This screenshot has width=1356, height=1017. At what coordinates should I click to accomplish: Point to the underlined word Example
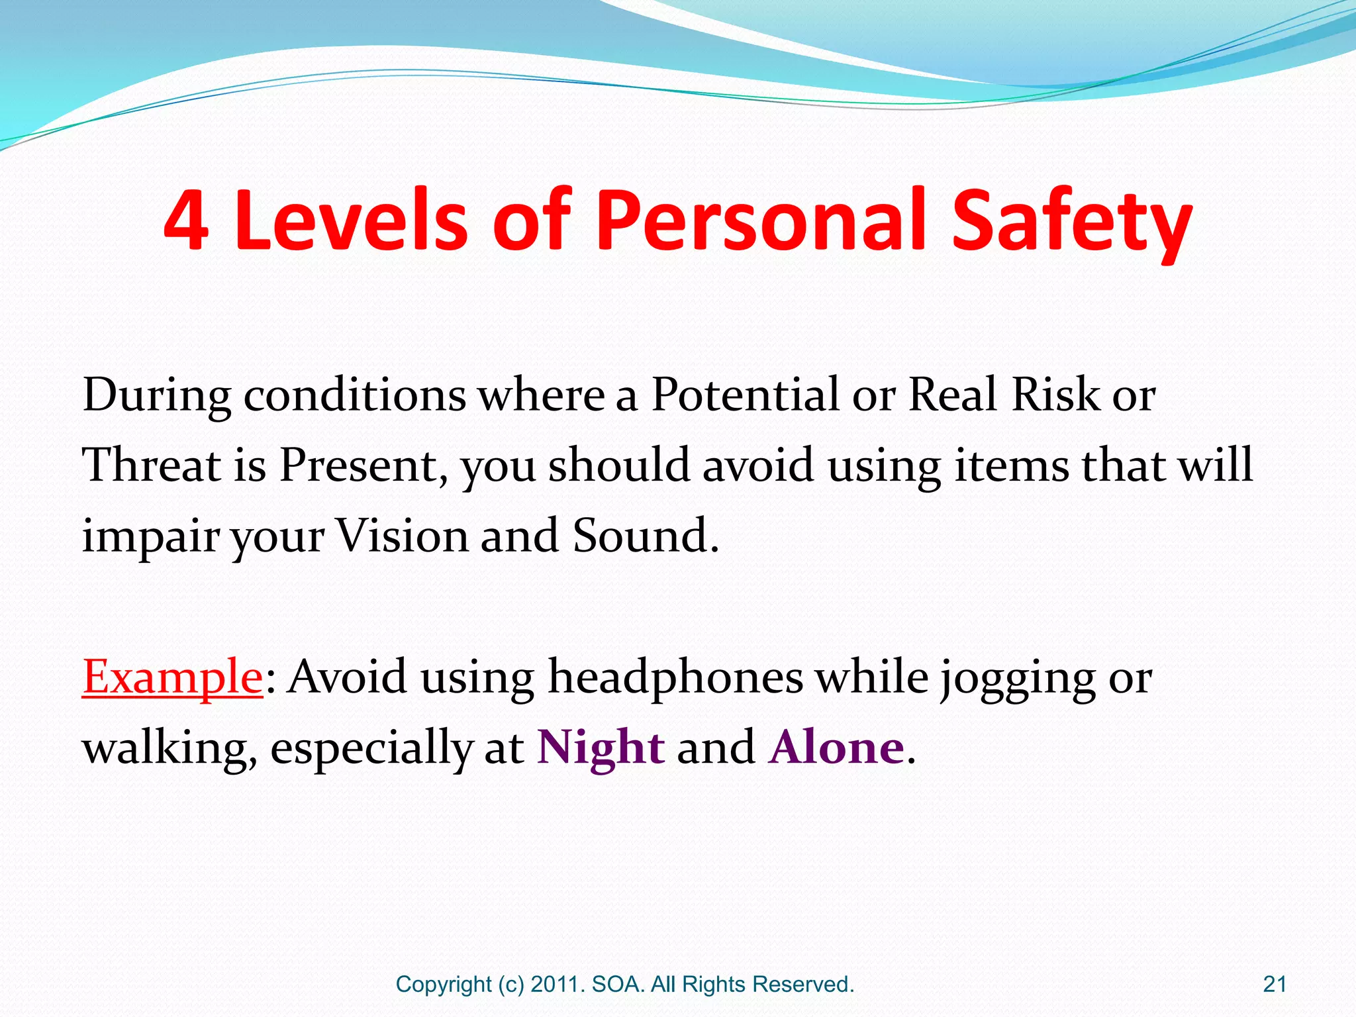[173, 677]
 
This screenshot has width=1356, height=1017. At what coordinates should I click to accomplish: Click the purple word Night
[601, 747]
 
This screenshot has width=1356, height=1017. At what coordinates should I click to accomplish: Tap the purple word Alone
[836, 747]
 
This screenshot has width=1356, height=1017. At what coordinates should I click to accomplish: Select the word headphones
[675, 677]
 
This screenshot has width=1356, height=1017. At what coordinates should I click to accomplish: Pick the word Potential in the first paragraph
[745, 395]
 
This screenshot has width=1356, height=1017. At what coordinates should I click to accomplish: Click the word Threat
[151, 465]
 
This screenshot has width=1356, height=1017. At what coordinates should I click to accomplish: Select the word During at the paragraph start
[156, 396]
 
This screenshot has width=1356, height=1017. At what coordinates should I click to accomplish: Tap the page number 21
[1275, 985]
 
